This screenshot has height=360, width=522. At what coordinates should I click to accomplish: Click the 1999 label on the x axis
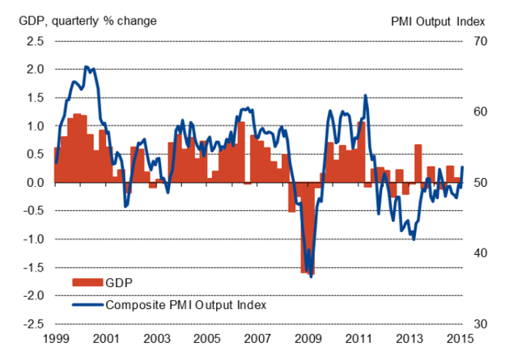click(54, 338)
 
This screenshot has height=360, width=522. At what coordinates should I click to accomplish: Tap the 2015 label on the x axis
click(461, 338)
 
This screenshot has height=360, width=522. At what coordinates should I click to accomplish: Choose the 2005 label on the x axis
click(206, 338)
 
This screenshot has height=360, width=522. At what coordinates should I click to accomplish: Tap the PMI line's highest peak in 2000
click(86, 67)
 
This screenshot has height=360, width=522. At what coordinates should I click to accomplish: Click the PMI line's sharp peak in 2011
click(366, 95)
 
